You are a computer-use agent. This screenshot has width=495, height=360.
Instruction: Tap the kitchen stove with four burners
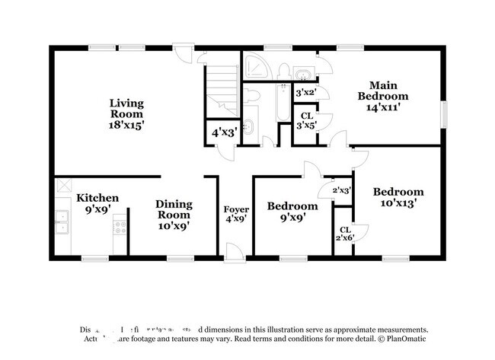(119, 225)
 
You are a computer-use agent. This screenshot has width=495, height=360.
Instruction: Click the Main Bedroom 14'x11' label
(384, 97)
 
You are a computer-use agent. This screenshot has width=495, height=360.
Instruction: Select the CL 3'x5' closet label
(306, 121)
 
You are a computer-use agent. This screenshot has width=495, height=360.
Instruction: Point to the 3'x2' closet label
(306, 92)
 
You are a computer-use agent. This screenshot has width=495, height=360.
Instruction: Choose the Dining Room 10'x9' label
(174, 215)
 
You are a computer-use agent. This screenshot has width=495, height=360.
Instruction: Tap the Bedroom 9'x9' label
(292, 212)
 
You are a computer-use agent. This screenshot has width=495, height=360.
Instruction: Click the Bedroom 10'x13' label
(398, 198)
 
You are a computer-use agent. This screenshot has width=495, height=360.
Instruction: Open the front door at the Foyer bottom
(236, 252)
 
